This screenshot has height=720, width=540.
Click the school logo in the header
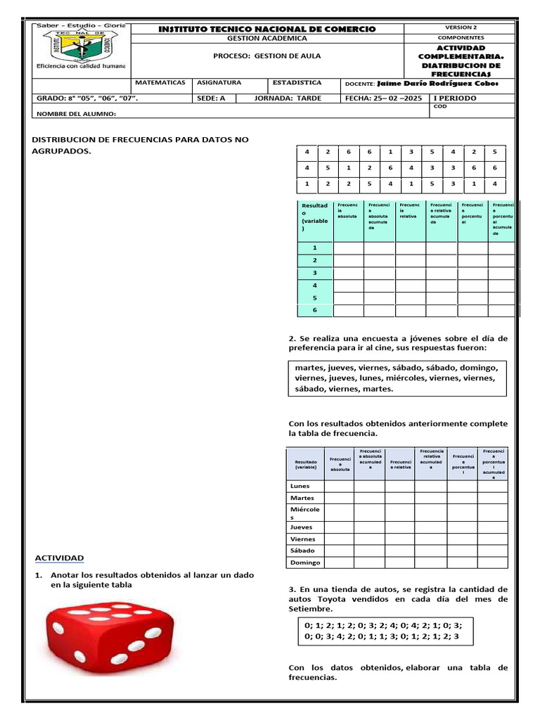pos(79,46)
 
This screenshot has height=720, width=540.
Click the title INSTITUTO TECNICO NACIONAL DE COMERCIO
pos(266,29)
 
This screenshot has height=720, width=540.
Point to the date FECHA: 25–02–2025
pos(383,98)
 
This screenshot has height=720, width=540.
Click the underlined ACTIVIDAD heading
pos(60,558)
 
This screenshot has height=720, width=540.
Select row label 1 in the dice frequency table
pos(314,247)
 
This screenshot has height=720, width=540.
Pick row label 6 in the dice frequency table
pos(314,310)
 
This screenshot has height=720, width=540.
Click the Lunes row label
pos(300,486)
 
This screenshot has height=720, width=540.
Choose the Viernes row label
pos(303,539)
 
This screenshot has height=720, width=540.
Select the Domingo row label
pos(305,562)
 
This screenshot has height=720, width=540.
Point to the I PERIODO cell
pos(455,98)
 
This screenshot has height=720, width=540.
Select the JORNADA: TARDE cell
pos(297,98)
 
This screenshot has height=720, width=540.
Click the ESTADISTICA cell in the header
pos(297,83)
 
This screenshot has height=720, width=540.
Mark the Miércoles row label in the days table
pos(304,513)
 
